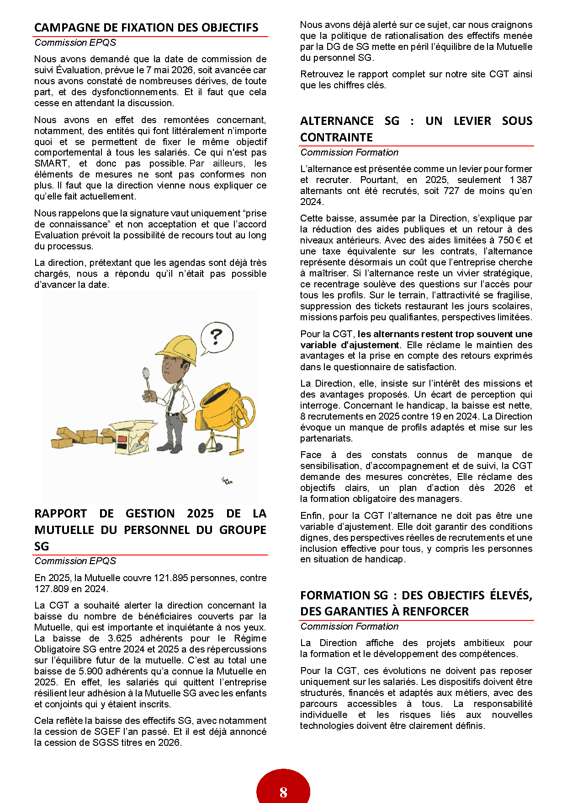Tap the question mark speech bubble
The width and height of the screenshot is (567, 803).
(217, 338)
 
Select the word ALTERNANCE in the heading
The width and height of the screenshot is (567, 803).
(337, 121)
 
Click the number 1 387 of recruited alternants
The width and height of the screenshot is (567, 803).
(521, 180)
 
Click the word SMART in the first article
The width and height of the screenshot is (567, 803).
(51, 163)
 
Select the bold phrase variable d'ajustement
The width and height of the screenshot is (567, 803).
(350, 345)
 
